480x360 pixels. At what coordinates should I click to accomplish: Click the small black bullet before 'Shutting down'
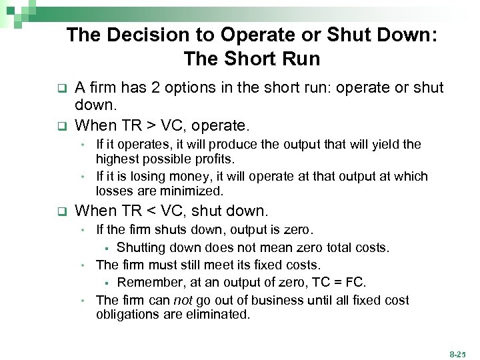pyautogui.click(x=107, y=249)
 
